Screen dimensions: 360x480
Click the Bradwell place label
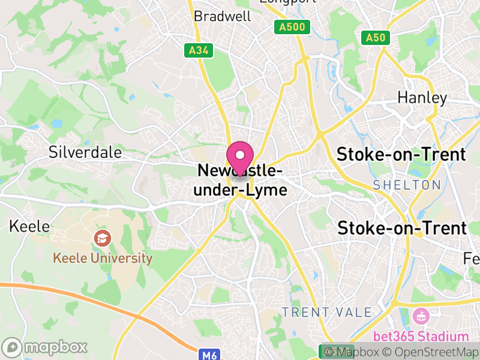coord(223,16)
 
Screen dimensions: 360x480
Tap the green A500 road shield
coord(292,27)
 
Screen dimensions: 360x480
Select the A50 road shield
coord(376,38)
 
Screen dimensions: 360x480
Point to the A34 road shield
coord(199,51)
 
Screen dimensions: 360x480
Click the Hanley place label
coord(422,97)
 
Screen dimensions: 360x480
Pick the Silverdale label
coord(86,152)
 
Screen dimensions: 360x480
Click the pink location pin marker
coord(240,158)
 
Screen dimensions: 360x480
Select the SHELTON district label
coord(407,185)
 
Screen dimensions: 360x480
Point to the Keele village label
coord(29,227)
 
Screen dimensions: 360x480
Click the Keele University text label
coord(103,259)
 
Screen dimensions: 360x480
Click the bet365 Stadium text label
coord(421,336)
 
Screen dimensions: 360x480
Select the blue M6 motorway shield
coord(209,355)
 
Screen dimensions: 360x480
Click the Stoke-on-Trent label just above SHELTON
coord(401,154)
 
